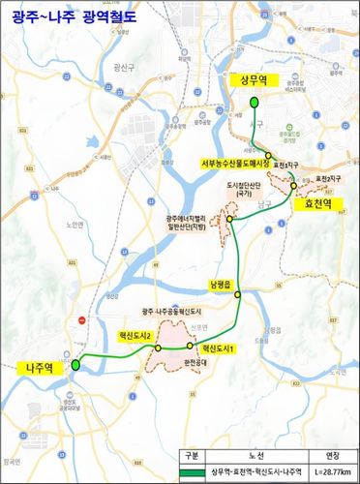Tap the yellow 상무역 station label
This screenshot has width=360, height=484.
(x=255, y=82)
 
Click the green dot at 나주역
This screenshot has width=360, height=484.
(x=77, y=363)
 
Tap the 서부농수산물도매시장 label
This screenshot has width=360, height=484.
(x=237, y=164)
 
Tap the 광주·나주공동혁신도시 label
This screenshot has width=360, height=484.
(x=170, y=312)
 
